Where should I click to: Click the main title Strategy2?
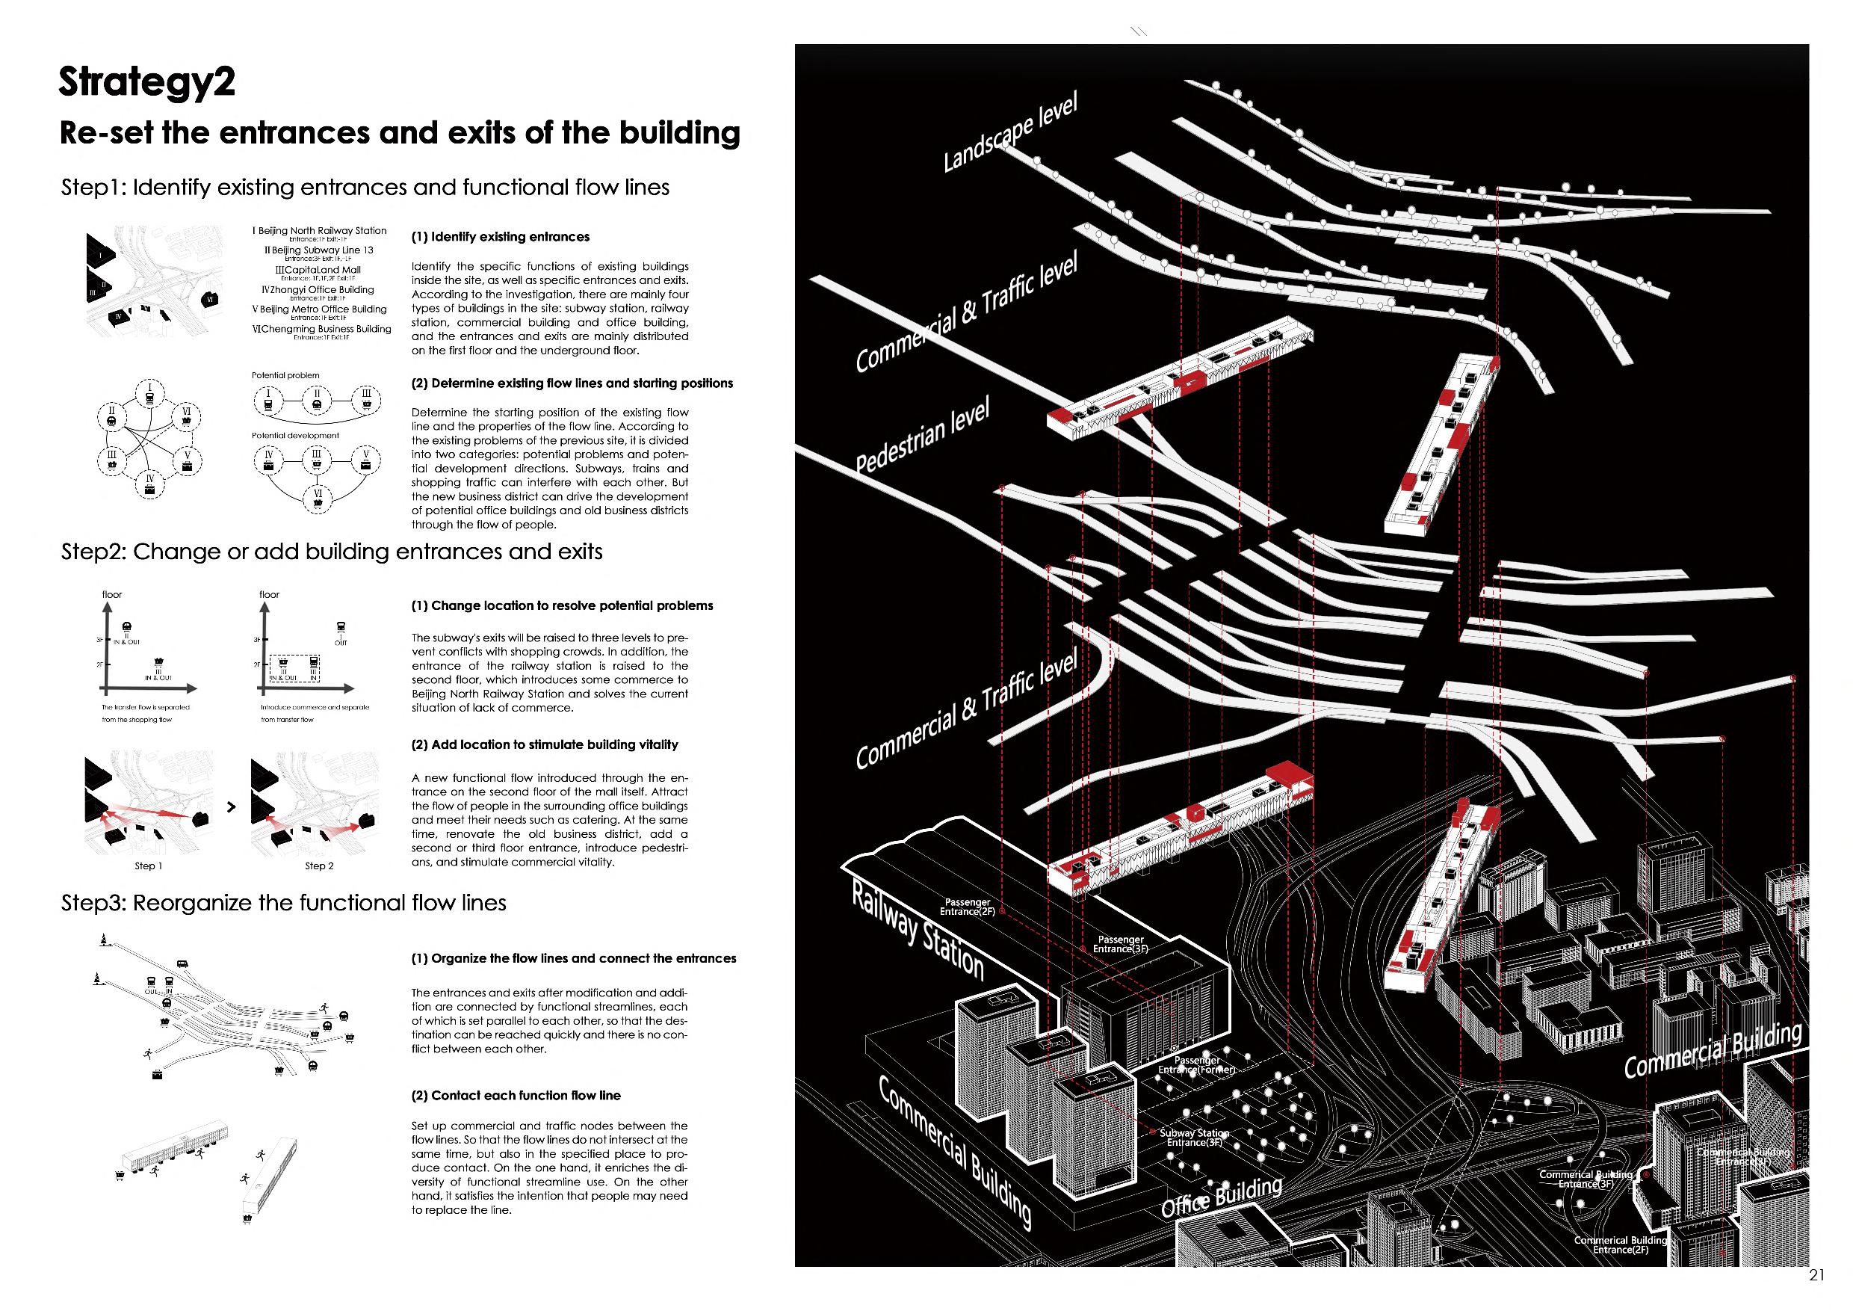coord(147,82)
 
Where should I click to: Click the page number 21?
coord(1816,1275)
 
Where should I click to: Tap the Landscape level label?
coord(1009,135)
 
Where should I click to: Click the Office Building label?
coord(1221,1197)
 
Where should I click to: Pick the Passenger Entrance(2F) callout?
coord(967,907)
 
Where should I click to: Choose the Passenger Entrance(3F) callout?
coord(1120,944)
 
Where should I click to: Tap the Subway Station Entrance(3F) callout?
coord(1195,1138)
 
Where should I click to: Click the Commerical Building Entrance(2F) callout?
coord(1621,1244)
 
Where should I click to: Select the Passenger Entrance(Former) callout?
coord(1197,1065)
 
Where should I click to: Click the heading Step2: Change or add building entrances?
coord(332,552)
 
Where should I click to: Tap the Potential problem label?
coord(285,375)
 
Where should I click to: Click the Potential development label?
coord(295,436)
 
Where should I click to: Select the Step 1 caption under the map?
coord(149,866)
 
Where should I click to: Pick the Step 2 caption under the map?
coord(319,866)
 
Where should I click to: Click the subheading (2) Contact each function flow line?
coord(516,1096)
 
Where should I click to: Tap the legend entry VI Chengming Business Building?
coord(322,330)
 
